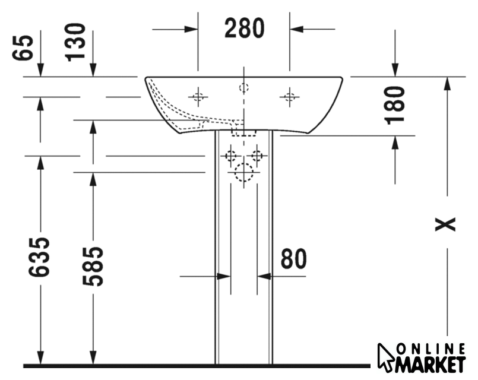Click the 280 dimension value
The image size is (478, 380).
245,28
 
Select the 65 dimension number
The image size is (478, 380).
23,48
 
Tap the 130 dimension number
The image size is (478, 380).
75,42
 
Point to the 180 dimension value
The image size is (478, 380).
395,105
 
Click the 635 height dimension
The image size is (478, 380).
39,257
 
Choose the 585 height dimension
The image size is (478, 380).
93,267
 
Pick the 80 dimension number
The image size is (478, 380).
293,259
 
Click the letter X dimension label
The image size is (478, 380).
445,224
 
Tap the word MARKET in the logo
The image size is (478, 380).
430,364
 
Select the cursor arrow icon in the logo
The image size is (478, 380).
385,358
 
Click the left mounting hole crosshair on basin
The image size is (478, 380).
198,97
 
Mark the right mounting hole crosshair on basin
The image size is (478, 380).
289,97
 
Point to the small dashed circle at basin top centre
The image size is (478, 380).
243,88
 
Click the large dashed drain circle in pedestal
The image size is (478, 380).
243,172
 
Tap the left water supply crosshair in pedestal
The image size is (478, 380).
230,156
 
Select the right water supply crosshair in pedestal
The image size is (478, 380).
257,156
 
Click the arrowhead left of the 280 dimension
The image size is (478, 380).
191,29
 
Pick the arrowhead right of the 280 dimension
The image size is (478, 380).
296,29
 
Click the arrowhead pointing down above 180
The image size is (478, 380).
395,70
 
